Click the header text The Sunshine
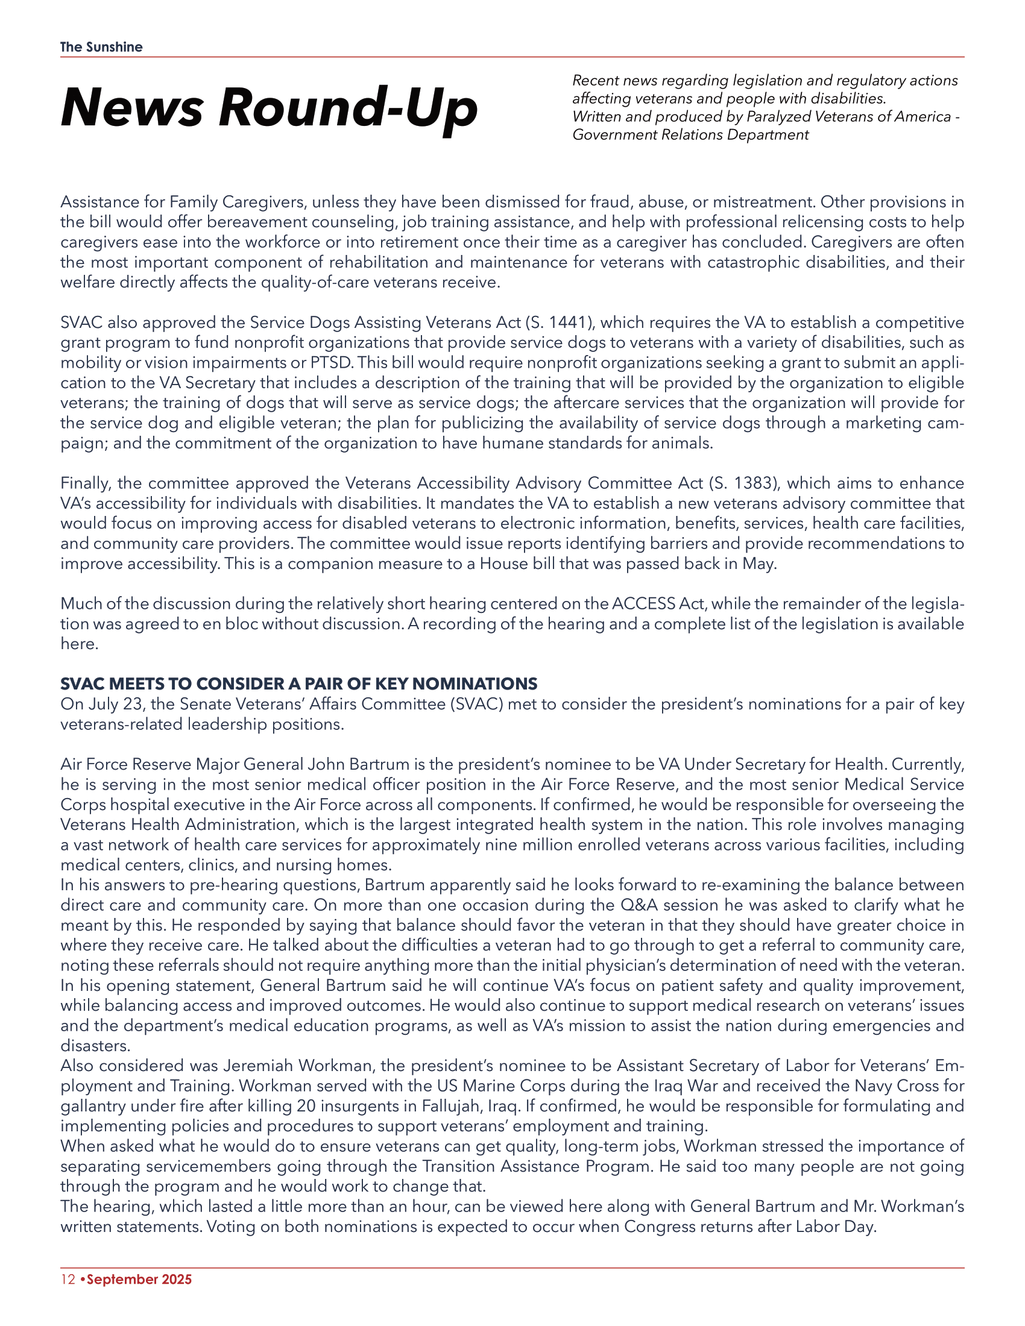coord(101,48)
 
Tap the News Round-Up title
coord(269,107)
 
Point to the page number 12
coord(68,1279)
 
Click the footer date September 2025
coord(139,1279)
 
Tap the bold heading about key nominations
coord(298,683)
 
